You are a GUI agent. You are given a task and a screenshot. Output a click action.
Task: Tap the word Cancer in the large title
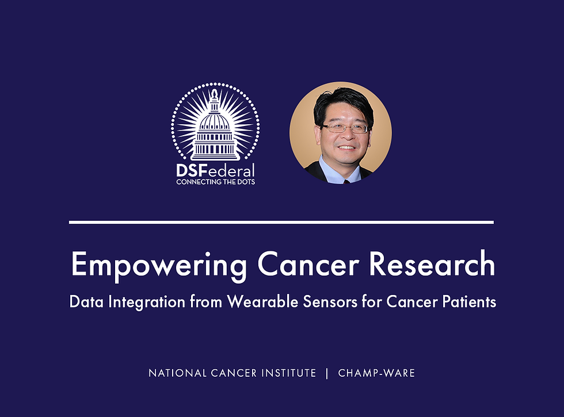[x=308, y=264]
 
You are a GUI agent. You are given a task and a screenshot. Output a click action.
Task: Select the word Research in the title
[x=432, y=264]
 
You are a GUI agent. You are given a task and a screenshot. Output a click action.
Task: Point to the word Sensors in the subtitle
[x=330, y=302]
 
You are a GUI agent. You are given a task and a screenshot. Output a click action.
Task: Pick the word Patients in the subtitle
[x=469, y=302]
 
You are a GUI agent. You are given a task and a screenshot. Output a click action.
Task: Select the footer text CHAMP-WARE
[x=376, y=373]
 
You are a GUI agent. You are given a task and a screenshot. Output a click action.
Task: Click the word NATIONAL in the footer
[x=178, y=373]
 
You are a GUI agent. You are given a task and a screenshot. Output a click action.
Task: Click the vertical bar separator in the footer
[x=327, y=373]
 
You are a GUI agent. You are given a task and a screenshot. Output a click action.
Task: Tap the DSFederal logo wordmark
[x=215, y=170]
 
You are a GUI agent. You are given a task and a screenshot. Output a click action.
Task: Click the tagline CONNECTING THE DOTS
[x=215, y=182]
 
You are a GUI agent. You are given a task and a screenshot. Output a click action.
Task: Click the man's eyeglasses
[x=345, y=128]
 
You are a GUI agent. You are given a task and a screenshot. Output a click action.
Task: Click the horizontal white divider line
[x=281, y=223]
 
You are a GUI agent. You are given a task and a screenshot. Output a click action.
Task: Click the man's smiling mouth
[x=346, y=147]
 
